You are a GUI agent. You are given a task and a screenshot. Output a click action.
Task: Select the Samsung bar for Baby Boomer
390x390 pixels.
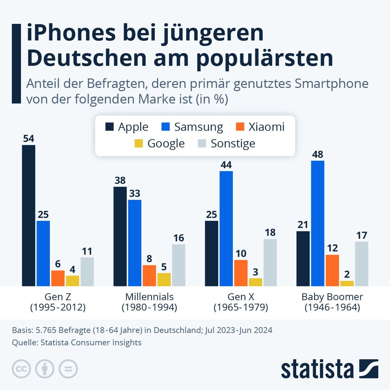coord(318,223)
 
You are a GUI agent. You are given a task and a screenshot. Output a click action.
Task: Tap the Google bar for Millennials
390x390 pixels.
coord(164,279)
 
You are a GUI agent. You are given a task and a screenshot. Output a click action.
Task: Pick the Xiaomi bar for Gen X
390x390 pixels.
coord(241,273)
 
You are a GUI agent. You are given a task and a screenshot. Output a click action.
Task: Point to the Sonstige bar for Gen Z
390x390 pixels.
coord(87,271)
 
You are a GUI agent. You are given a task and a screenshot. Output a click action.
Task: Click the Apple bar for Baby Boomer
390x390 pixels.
coord(303,258)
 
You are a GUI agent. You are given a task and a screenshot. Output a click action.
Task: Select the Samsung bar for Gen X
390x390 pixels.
coord(226,228)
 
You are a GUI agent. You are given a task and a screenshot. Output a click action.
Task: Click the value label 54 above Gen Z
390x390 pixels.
coord(29,139)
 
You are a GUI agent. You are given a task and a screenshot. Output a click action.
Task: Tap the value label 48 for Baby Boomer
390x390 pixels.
coord(318,154)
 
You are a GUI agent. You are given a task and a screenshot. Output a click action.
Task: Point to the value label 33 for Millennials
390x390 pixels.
coord(135,193)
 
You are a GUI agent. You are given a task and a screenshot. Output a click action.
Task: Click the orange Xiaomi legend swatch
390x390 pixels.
coord(240,127)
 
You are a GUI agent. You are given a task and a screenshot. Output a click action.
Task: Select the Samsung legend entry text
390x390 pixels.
coord(199,127)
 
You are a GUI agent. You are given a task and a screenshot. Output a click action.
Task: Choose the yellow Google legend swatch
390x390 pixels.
coord(139,143)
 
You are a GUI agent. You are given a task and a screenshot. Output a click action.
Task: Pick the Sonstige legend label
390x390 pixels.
coord(233,143)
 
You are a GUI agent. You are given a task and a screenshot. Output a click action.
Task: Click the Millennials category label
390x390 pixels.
coord(149,297)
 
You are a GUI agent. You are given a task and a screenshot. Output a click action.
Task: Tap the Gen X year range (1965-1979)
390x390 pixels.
coord(241,307)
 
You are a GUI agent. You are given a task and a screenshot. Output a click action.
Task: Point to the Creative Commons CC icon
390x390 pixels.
coord(21,369)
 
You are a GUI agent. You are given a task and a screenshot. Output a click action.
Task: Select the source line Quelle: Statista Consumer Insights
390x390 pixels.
coord(77,343)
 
